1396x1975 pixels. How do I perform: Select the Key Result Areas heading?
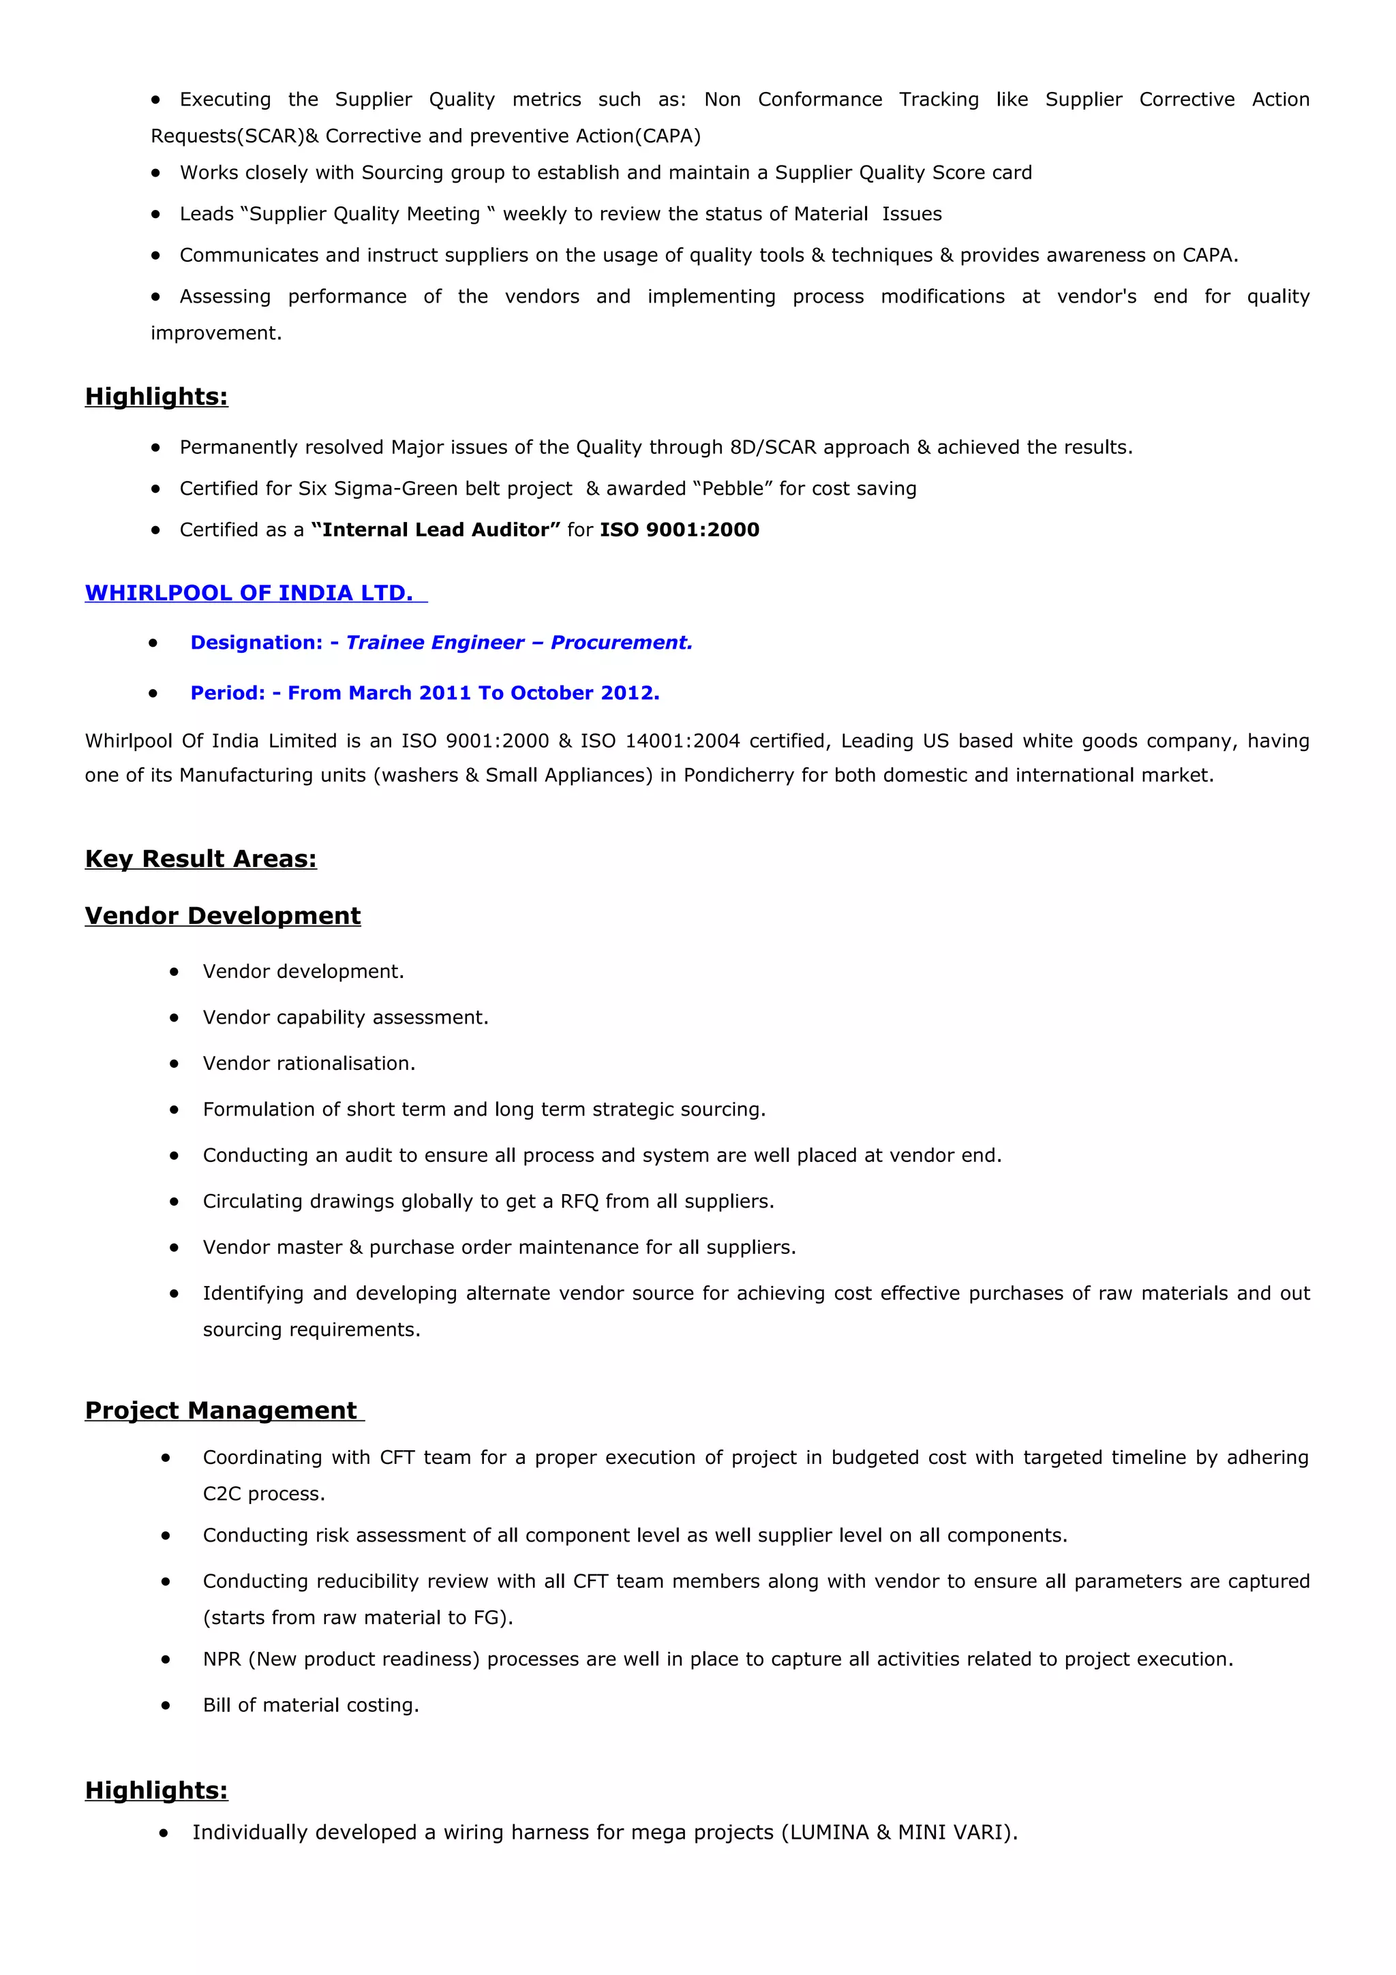[x=200, y=859]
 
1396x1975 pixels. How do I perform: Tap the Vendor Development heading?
[x=223, y=915]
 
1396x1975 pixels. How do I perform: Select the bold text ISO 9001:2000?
[x=680, y=530]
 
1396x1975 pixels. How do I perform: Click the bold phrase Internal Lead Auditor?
[x=436, y=530]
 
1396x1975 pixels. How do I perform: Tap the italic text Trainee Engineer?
[x=434, y=643]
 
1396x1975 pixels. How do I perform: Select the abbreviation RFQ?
[x=579, y=1201]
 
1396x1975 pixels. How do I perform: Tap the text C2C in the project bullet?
[x=222, y=1494]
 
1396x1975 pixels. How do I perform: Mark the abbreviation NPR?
[x=222, y=1659]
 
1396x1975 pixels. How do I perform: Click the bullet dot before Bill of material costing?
[x=166, y=1705]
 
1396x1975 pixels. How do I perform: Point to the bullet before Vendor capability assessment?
[x=174, y=1017]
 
